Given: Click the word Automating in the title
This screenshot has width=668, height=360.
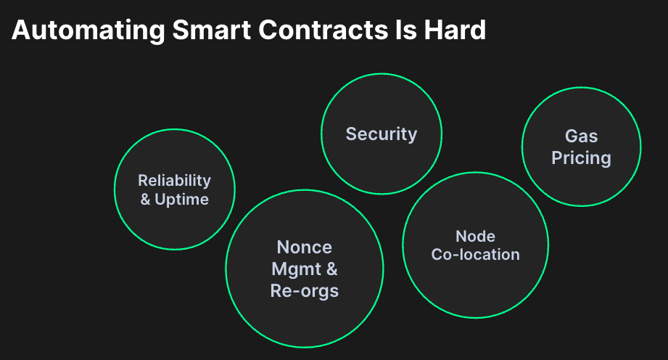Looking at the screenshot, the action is [x=88, y=30].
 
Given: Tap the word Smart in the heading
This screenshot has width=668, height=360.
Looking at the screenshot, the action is [x=211, y=30].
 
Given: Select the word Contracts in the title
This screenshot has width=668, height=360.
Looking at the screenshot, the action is [x=323, y=30].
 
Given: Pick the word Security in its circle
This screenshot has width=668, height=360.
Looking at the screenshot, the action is [x=382, y=134].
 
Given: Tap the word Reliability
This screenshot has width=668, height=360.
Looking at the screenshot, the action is [x=174, y=181].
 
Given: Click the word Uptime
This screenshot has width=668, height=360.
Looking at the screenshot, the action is [x=181, y=199].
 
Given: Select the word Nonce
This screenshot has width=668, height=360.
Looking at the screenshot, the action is [x=304, y=247].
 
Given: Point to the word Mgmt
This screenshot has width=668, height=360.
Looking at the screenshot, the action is [x=296, y=269].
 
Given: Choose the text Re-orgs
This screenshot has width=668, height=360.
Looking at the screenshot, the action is [x=304, y=291].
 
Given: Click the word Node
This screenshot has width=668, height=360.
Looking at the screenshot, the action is [x=476, y=237].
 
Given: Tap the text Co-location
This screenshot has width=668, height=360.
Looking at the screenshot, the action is [x=476, y=255].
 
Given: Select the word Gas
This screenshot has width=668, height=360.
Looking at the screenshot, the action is [x=581, y=136].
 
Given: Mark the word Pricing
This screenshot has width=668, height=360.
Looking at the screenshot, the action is [x=581, y=158].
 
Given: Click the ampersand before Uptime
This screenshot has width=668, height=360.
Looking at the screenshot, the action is [x=145, y=199].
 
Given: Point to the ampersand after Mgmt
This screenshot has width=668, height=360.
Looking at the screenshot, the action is [x=332, y=269].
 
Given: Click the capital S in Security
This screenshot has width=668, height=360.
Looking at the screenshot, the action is [x=351, y=134].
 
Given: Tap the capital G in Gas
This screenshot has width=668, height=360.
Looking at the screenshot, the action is [x=572, y=136].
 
